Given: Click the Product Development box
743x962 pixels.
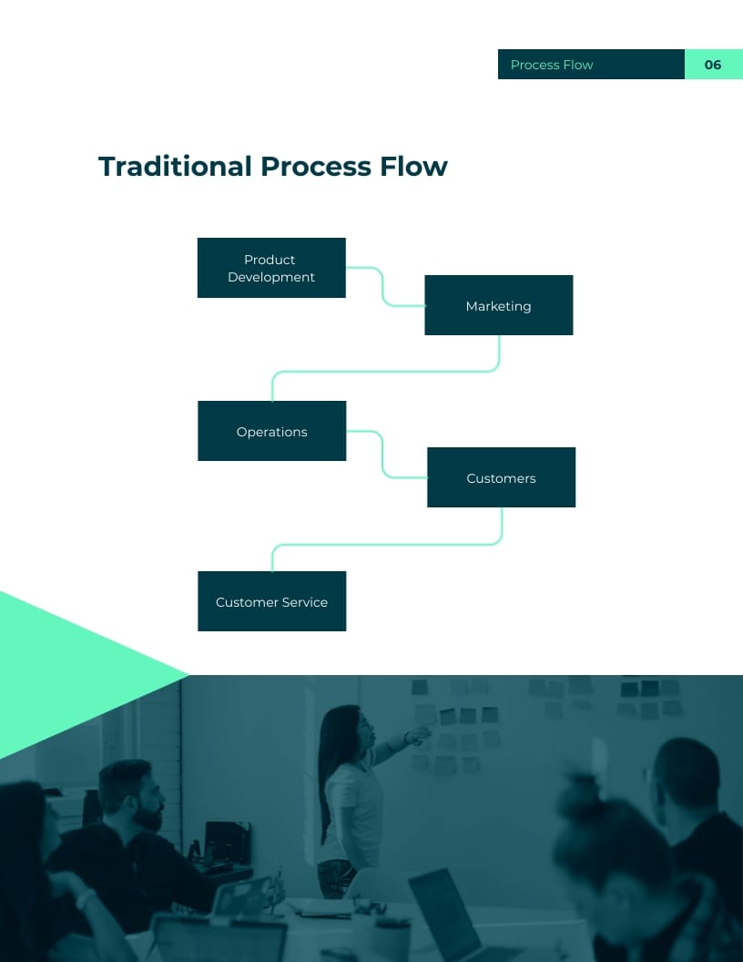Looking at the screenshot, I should [x=271, y=268].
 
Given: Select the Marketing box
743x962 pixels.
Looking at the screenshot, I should [x=499, y=305].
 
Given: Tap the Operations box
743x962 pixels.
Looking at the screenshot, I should [x=271, y=431].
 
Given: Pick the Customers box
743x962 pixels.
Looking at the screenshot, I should [x=501, y=477].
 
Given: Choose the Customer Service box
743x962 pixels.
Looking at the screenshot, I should [x=271, y=601].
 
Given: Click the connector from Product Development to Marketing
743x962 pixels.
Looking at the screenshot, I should [x=382, y=286].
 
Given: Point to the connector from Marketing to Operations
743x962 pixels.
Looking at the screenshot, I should [x=382, y=371].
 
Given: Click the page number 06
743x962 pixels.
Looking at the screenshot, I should [x=713, y=65].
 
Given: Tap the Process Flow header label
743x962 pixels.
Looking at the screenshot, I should [x=552, y=65].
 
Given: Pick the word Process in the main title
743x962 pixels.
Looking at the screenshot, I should [x=315, y=167].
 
